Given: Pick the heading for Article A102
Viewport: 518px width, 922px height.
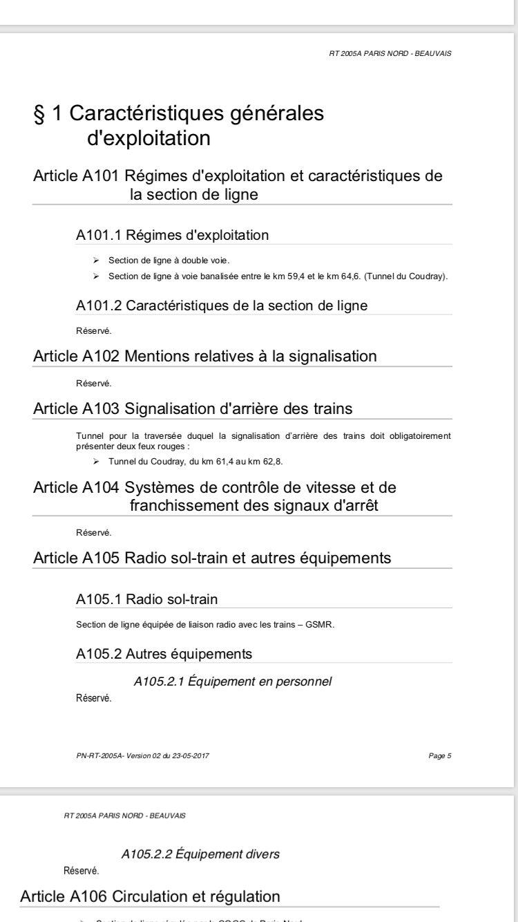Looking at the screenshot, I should click(x=204, y=357).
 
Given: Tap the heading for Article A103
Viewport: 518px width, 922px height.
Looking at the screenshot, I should click(x=193, y=408).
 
